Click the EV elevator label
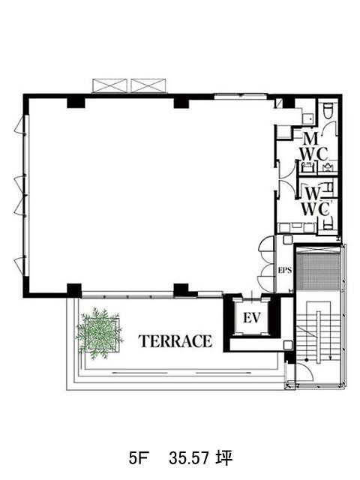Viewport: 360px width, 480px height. (252, 318)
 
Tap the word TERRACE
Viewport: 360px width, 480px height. (175, 341)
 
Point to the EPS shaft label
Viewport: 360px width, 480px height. (285, 270)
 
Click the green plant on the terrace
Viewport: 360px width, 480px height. (99, 333)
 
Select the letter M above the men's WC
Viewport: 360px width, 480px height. (310, 139)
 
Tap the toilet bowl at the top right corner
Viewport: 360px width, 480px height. (328, 111)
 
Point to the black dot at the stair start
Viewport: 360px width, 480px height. (307, 360)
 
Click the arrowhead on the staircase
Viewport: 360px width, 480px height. (330, 358)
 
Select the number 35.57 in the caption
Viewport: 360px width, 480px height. (189, 458)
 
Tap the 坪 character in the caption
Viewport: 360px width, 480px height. (223, 458)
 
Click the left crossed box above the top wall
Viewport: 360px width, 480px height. (109, 85)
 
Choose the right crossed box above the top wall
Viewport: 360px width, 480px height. (148, 85)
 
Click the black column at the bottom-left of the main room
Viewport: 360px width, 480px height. (74, 290)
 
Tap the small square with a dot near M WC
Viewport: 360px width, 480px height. (308, 118)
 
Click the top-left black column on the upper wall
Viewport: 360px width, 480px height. (76, 102)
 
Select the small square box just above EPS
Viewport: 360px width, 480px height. (287, 240)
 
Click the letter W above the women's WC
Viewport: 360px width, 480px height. (313, 193)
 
